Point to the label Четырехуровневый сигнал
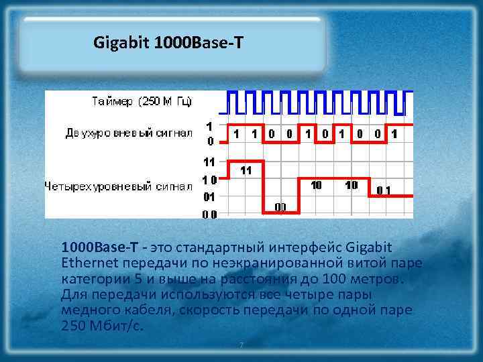[x=118, y=185]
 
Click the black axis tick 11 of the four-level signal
[x=209, y=162]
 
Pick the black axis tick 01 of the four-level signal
[x=209, y=197]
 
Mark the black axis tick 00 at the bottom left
[x=209, y=215]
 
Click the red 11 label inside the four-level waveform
[x=246, y=170]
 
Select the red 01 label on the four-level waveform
[x=384, y=190]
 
